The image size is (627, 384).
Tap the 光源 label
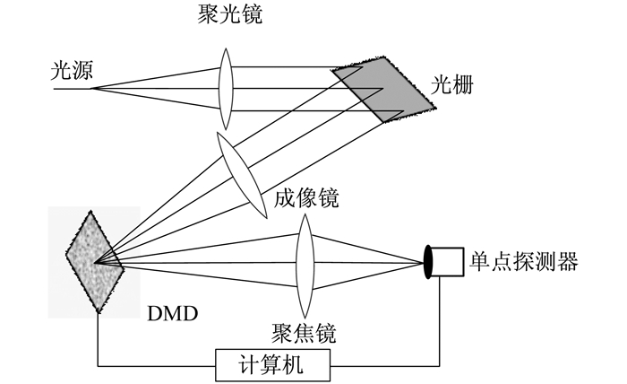[72, 70]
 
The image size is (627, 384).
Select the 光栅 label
[451, 85]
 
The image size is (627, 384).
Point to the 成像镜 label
[306, 197]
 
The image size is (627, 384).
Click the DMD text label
[173, 314]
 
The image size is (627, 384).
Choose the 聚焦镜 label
[304, 333]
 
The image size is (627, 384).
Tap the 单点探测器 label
[524, 262]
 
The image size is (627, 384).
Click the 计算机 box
[272, 365]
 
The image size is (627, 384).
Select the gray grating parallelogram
[382, 89]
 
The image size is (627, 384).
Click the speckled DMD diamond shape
[95, 262]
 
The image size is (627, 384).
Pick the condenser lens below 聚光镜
[226, 89]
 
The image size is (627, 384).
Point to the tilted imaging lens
[242, 175]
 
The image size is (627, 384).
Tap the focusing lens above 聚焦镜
[305, 266]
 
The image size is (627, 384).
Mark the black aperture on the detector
[428, 262]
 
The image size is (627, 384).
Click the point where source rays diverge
[93, 89]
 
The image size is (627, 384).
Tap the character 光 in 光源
[61, 70]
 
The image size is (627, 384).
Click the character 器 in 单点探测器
[568, 262]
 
